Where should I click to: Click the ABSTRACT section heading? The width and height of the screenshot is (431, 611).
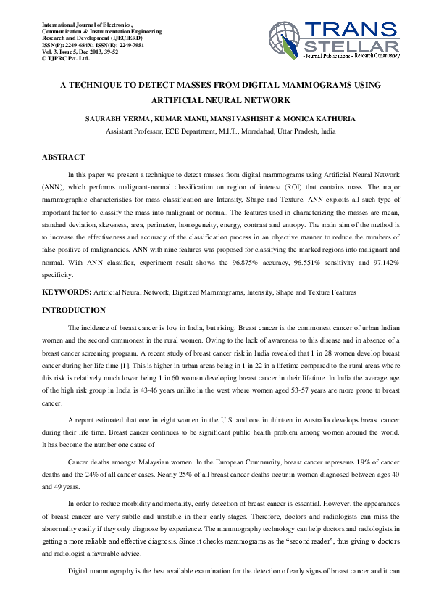64,157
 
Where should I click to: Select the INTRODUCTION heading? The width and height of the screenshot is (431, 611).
74,311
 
